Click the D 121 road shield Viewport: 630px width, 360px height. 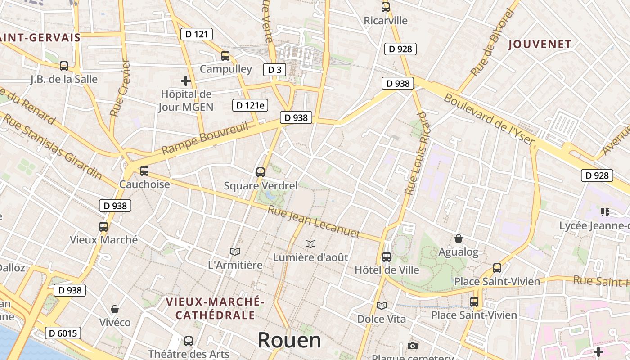[x=196, y=34]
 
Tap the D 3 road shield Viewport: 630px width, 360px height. [x=274, y=69]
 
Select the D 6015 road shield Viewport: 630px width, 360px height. [x=63, y=333]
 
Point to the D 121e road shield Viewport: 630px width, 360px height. [x=250, y=105]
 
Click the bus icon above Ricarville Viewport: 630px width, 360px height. [x=386, y=7]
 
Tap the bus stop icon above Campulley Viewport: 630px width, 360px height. [x=225, y=56]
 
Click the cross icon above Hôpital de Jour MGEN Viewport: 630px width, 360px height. [x=185, y=81]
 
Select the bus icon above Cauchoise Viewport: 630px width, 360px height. [x=144, y=171]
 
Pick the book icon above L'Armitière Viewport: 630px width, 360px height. [x=234, y=252]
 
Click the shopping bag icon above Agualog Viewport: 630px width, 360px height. [x=459, y=238]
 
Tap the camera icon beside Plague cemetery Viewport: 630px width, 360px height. [x=412, y=346]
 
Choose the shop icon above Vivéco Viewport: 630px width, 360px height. [x=115, y=309]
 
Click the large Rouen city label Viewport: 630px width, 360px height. [x=289, y=340]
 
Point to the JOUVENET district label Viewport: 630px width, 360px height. [x=540, y=45]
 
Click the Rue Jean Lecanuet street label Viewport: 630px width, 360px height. [x=314, y=222]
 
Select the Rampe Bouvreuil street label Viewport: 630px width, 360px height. [x=205, y=138]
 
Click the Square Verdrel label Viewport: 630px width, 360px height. [x=261, y=185]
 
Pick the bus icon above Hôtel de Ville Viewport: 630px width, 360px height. [x=386, y=257]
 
